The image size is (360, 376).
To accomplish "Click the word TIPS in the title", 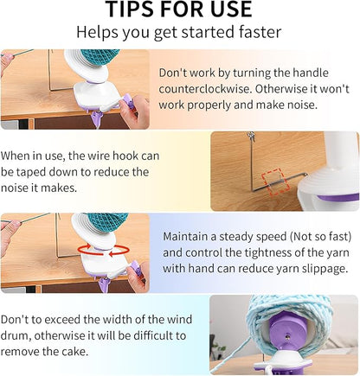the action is (131, 9).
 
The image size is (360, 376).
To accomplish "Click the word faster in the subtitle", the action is (260, 32).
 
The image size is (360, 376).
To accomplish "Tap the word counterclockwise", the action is (204, 88).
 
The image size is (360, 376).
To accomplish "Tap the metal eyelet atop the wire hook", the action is (251, 137).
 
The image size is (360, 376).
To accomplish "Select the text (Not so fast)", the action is (321, 237).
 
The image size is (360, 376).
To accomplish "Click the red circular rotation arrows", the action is (103, 250).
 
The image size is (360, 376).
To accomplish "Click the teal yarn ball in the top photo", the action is (103, 59).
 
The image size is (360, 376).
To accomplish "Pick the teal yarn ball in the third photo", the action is (110, 223).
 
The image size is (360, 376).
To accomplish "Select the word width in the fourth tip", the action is (114, 319).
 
